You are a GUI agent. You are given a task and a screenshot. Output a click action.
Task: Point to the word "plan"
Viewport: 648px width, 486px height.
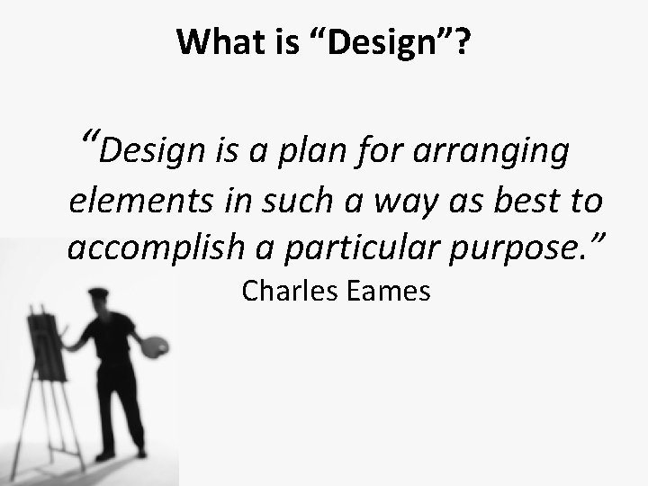(x=310, y=153)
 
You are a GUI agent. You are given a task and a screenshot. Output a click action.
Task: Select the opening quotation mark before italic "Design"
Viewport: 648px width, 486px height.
(x=88, y=139)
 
